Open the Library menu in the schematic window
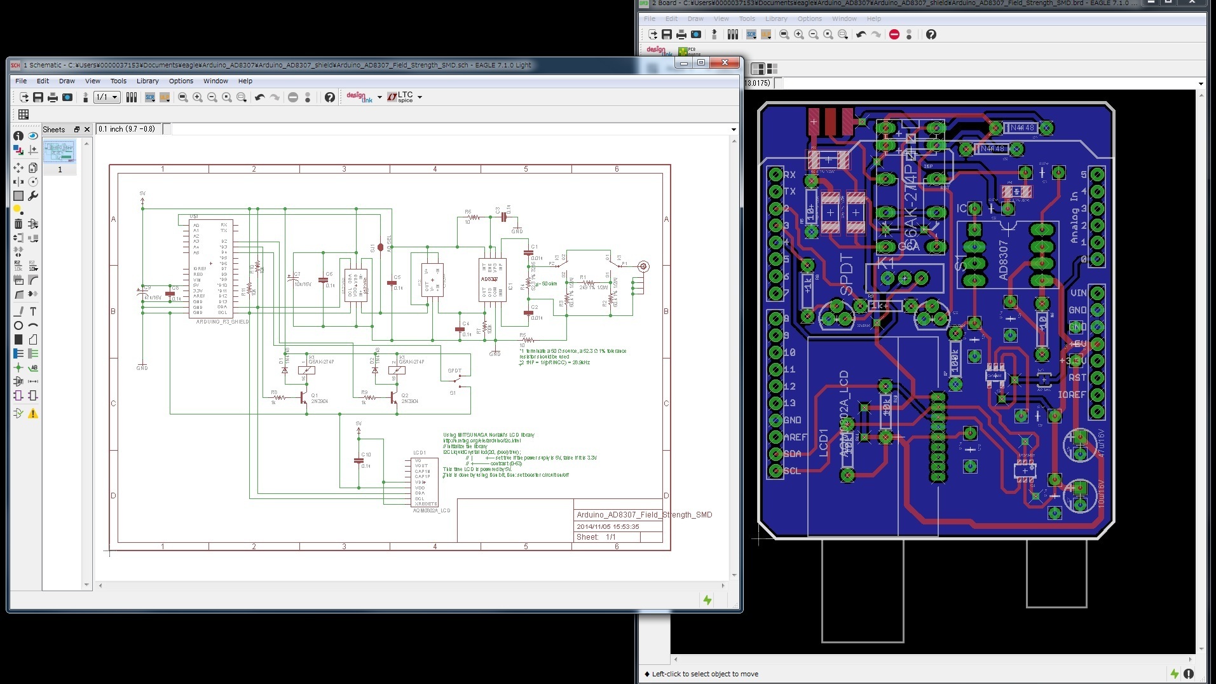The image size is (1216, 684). [147, 81]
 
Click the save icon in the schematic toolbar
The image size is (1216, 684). [38, 97]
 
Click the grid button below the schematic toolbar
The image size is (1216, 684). [24, 114]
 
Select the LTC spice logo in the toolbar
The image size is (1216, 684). [401, 97]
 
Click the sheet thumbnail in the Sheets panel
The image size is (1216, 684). [60, 153]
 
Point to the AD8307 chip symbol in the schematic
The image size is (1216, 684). [491, 280]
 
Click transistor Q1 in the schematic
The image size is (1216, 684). [304, 398]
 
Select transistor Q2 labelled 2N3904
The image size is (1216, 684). [395, 398]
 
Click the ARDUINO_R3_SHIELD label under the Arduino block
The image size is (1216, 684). [222, 322]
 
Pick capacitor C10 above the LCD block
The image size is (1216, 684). [359, 461]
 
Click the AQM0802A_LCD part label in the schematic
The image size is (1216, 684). [432, 510]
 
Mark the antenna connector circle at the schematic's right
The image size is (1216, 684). [643, 267]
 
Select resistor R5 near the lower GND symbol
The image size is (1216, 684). [528, 340]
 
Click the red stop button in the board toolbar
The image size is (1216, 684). [894, 34]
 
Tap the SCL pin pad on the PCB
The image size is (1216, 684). [775, 471]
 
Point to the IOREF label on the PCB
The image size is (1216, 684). [1072, 395]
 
